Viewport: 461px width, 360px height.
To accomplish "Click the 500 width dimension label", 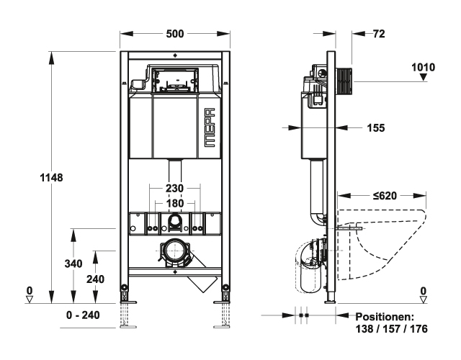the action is pos(175,34).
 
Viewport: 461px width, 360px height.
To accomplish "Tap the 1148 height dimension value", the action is pos(51,178).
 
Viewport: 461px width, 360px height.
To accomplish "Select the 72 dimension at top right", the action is pos(379,34).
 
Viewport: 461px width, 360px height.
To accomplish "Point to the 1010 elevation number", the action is pos(423,67).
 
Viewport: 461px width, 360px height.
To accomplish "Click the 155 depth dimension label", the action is pos(376,128).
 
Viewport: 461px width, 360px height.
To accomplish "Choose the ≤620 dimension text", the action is pos(385,196).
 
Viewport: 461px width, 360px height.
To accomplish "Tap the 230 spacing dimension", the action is pos(174,189).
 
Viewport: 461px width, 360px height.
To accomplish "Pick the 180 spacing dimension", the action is pos(174,203).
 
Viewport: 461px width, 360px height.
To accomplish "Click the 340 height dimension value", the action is pos(73,264).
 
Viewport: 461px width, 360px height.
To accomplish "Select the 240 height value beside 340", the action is pos(95,279).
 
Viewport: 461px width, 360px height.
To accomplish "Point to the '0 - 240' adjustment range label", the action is pos(83,315).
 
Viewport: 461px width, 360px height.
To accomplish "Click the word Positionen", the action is pos(385,317).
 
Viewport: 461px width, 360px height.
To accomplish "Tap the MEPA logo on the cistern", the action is pos(210,127).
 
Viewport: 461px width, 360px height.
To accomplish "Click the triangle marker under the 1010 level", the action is pos(423,77).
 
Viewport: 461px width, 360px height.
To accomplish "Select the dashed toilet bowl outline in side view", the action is pos(382,244).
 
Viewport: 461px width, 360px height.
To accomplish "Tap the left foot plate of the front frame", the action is pos(127,302).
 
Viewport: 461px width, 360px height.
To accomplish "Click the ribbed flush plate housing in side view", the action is pos(344,82).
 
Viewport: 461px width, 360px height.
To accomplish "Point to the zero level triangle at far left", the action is pos(30,300).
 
